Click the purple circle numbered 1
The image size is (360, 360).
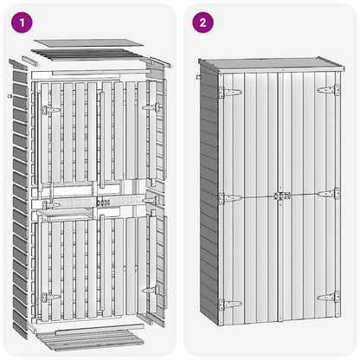[22, 22]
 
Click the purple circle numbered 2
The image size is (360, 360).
[202, 22]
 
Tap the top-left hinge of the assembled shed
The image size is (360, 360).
[230, 93]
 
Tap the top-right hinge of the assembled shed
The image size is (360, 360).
[328, 90]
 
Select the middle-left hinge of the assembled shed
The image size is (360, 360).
[230, 199]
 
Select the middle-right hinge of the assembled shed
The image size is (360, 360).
[328, 193]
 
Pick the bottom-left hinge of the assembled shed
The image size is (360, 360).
[230, 305]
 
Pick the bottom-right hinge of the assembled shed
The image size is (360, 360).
[328, 297]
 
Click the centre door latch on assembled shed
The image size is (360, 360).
[282, 196]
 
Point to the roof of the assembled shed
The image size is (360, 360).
[271, 64]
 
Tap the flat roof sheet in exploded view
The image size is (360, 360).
[88, 42]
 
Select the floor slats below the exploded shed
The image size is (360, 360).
[90, 340]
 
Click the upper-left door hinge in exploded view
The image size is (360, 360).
[51, 110]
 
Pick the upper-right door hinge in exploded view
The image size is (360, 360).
[151, 107]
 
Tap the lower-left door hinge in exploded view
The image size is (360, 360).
[51, 297]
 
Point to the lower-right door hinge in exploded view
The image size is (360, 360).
[151, 290]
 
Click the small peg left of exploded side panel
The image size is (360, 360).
[10, 96]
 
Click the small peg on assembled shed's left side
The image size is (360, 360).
[198, 77]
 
